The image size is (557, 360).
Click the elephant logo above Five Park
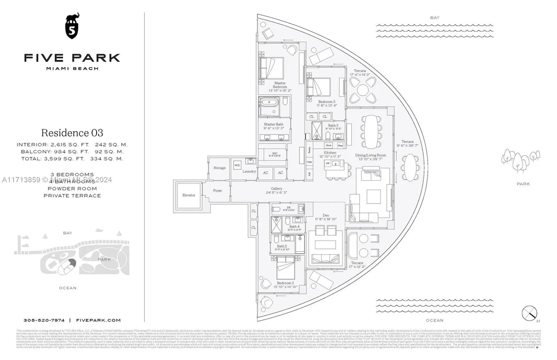tap(72, 26)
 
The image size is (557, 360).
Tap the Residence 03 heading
tap(72, 133)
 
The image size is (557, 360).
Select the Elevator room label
tap(189, 195)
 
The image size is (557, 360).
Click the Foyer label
tap(218, 191)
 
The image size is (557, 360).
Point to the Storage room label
tap(219, 168)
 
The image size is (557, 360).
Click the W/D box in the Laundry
tap(237, 165)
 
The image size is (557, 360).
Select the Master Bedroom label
tap(280, 85)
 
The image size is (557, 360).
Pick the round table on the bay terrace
tap(362, 89)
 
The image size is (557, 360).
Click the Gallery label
tap(276, 189)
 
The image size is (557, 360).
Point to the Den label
tap(326, 215)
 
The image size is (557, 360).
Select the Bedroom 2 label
tap(285, 283)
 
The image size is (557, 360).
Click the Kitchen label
tap(330, 153)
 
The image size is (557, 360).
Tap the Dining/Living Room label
tap(370, 155)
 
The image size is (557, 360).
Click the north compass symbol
tap(529, 313)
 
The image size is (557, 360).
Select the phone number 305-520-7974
tap(44, 320)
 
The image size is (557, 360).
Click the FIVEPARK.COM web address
tap(98, 320)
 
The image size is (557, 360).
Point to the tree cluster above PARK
tap(520, 160)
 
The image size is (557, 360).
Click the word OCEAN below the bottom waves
tap(434, 320)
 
